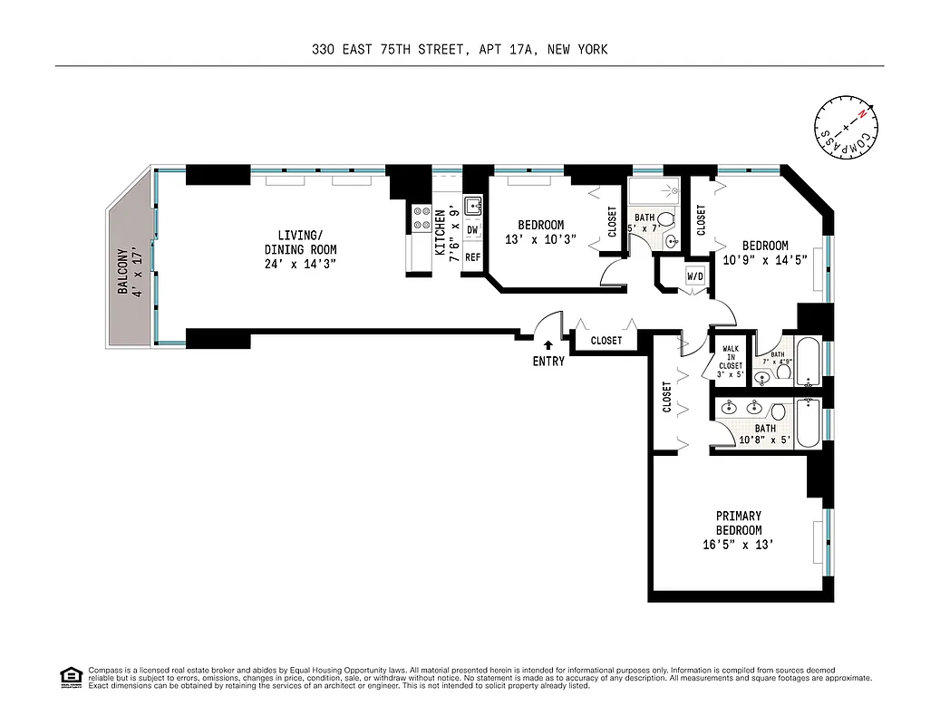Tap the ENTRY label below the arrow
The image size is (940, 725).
(x=548, y=361)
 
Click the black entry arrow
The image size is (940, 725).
(x=548, y=344)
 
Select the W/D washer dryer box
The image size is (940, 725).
(x=695, y=276)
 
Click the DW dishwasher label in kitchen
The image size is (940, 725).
(x=472, y=230)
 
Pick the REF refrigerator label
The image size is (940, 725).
(x=472, y=257)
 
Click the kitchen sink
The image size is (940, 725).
(x=473, y=206)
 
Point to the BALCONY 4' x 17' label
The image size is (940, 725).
(x=129, y=269)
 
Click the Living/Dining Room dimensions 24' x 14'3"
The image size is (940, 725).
(x=300, y=266)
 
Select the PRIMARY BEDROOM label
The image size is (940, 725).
(x=738, y=523)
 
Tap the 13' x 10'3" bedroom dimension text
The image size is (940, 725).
(x=540, y=240)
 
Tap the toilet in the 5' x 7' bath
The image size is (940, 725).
(x=665, y=220)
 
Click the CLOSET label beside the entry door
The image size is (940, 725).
(x=606, y=341)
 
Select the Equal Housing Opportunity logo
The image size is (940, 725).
(x=69, y=676)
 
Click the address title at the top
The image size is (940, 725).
(x=460, y=50)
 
